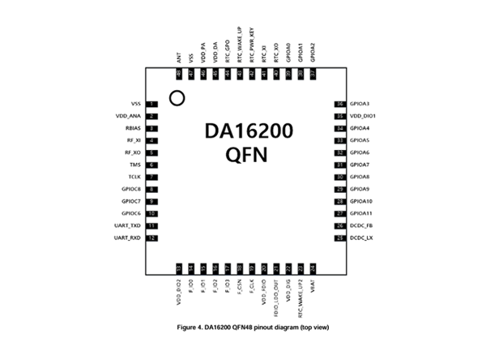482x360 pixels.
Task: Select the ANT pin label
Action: pyautogui.click(x=178, y=58)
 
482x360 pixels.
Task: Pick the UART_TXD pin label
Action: pyautogui.click(x=129, y=225)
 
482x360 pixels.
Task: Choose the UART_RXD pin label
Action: pyautogui.click(x=129, y=238)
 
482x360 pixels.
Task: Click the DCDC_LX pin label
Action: pyautogui.click(x=361, y=238)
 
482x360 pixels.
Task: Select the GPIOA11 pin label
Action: pyautogui.click(x=360, y=213)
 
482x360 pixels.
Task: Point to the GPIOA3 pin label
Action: pyautogui.click(x=359, y=105)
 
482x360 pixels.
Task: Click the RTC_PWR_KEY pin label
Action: pyautogui.click(x=252, y=45)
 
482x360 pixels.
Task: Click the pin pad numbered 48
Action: pyautogui.click(x=178, y=74)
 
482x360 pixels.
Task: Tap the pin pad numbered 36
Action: pyautogui.click(x=340, y=105)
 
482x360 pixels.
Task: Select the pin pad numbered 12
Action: pyautogui.click(x=151, y=238)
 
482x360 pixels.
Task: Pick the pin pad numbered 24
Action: pyautogui.click(x=313, y=268)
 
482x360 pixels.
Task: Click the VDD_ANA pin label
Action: pyautogui.click(x=130, y=117)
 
